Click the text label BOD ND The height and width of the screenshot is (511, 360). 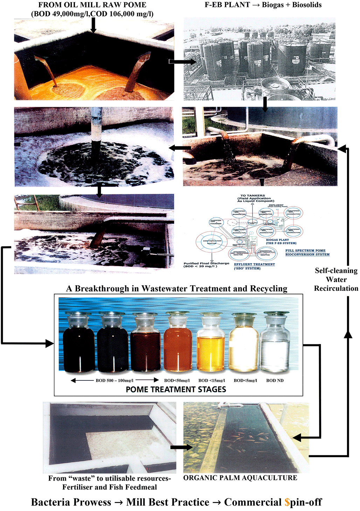(x=275, y=380)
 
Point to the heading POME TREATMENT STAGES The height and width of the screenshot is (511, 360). (x=176, y=390)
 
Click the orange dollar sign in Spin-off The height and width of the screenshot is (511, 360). (x=287, y=502)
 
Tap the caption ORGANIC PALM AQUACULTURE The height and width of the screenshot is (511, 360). (x=240, y=478)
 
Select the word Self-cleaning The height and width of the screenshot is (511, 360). (x=336, y=271)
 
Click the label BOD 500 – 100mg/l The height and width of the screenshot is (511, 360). (x=115, y=380)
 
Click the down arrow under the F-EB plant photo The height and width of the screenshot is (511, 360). (x=265, y=105)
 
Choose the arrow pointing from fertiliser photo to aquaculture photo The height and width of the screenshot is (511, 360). (x=182, y=447)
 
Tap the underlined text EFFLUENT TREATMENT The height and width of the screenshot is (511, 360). (x=254, y=264)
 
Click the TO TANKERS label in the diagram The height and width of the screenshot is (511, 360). (x=253, y=196)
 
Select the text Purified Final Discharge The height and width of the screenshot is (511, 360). (x=206, y=263)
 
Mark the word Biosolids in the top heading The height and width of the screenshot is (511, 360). (x=307, y=5)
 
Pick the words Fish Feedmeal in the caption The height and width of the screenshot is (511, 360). (x=137, y=487)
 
